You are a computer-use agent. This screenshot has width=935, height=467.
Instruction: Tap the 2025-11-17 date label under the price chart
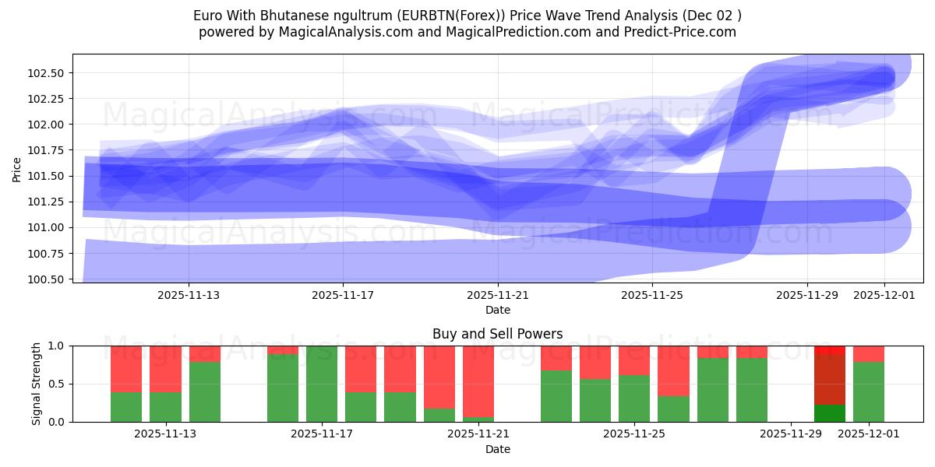pos(343,296)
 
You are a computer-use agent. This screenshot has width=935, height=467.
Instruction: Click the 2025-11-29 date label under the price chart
pos(807,296)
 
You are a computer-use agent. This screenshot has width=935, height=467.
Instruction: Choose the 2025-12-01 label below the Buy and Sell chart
pos(868,434)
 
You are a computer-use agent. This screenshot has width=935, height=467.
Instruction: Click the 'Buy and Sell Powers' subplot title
pos(498,334)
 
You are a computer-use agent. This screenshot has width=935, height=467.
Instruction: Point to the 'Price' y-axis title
pos(17,169)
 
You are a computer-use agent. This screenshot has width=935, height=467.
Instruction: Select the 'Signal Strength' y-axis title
pos(36,384)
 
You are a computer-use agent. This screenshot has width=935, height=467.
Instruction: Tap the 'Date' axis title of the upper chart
pos(498,310)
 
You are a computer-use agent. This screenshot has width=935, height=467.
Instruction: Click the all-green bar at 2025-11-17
pos(322,384)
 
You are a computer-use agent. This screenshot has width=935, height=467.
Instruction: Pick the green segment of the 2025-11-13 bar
pos(205,392)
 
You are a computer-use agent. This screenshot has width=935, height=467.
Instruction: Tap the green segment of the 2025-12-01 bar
pos(868,392)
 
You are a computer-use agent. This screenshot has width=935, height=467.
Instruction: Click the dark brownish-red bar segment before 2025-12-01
pos(829,380)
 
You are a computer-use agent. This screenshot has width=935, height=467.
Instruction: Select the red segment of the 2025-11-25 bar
pos(634,360)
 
